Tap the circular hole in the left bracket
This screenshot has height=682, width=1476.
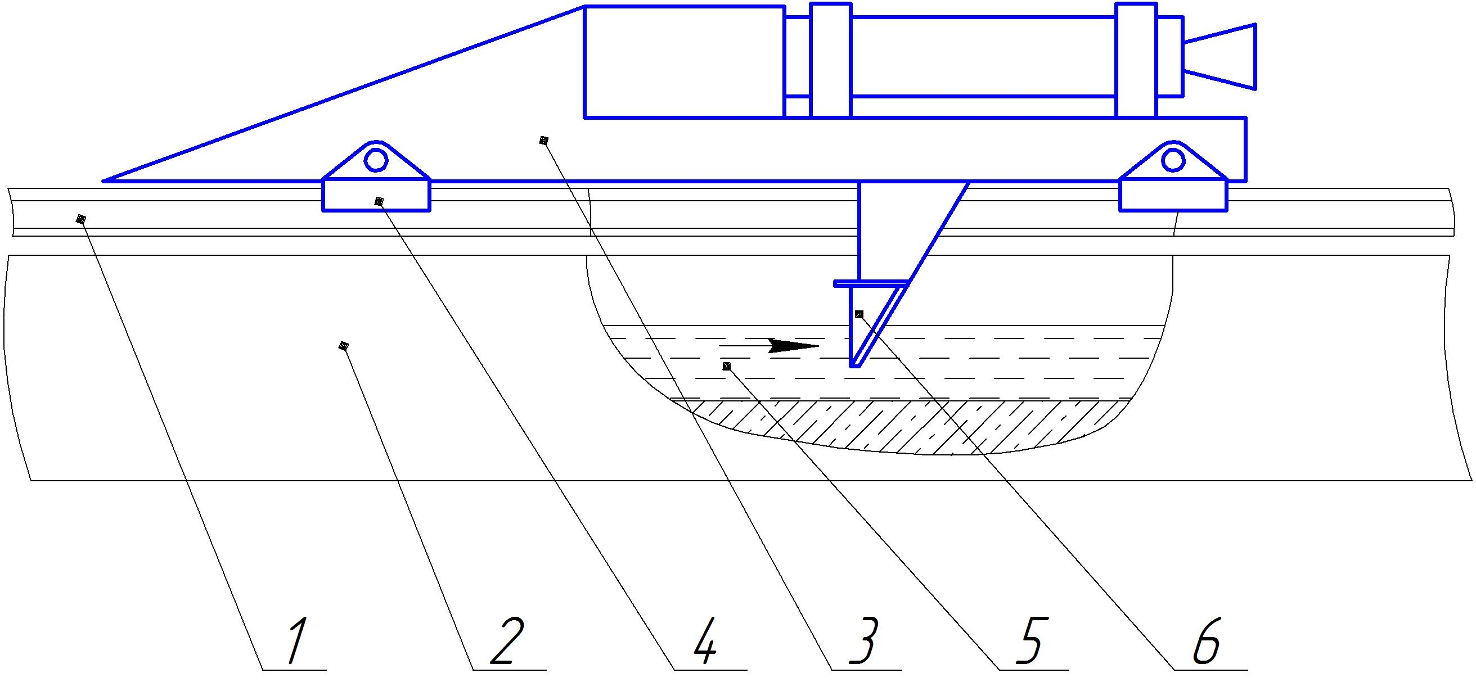tap(376, 160)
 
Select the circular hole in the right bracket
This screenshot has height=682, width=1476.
tap(1173, 160)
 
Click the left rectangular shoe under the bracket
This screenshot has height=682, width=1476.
tap(376, 195)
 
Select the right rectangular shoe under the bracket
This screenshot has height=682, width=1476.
tap(1173, 195)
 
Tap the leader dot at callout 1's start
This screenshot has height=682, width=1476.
tap(81, 219)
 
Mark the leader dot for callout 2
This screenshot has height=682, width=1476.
tap(343, 346)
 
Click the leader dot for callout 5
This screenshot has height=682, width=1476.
tap(727, 366)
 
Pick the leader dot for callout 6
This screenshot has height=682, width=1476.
tap(858, 314)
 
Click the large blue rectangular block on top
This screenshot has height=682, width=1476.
tap(684, 62)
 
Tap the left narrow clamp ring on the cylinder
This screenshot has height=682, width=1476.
tap(831, 60)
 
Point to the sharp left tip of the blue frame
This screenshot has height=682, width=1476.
tap(103, 181)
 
